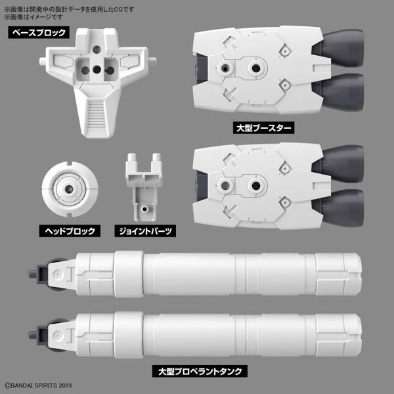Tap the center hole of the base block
(x=97, y=68)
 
